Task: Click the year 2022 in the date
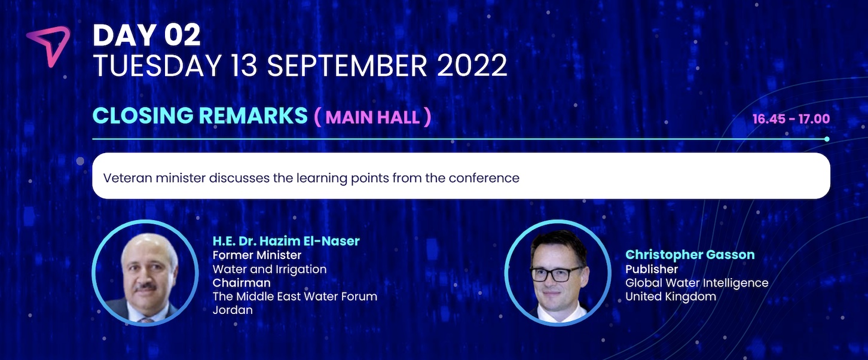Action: coord(472,65)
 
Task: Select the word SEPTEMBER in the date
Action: coord(347,65)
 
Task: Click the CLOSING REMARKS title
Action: coord(200,115)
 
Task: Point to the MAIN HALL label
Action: coord(372,117)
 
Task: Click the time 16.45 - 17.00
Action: coord(791,118)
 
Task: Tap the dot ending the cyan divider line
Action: coord(827,139)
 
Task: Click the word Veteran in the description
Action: coord(127,178)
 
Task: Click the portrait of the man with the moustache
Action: coord(145,273)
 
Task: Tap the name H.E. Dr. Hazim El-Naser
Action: coord(286,241)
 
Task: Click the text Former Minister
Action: coord(257,255)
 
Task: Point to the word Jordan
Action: coord(233,310)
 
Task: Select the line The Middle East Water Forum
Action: coord(295,297)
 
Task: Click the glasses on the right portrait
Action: coord(557,274)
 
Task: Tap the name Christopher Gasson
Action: coord(690,255)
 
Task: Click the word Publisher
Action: coord(652,269)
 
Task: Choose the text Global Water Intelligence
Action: coord(696,283)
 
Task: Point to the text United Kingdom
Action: coord(670,297)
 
